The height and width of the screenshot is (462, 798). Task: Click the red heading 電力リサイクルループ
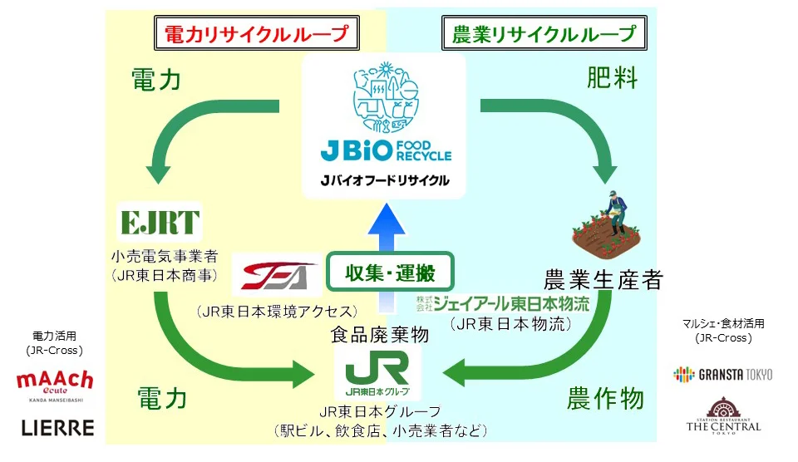click(256, 34)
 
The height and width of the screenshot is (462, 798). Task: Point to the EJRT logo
click(160, 222)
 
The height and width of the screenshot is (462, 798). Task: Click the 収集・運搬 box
click(391, 271)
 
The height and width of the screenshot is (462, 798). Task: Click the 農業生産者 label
click(603, 279)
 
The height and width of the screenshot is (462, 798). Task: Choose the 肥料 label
click(613, 79)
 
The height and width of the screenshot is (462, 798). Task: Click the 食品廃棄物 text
click(380, 335)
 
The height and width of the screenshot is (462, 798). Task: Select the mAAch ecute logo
click(56, 386)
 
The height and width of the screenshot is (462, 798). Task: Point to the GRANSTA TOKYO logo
click(722, 374)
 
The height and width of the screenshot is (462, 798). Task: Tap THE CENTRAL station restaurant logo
click(722, 415)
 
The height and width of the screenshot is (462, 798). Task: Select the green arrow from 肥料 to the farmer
click(574, 125)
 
